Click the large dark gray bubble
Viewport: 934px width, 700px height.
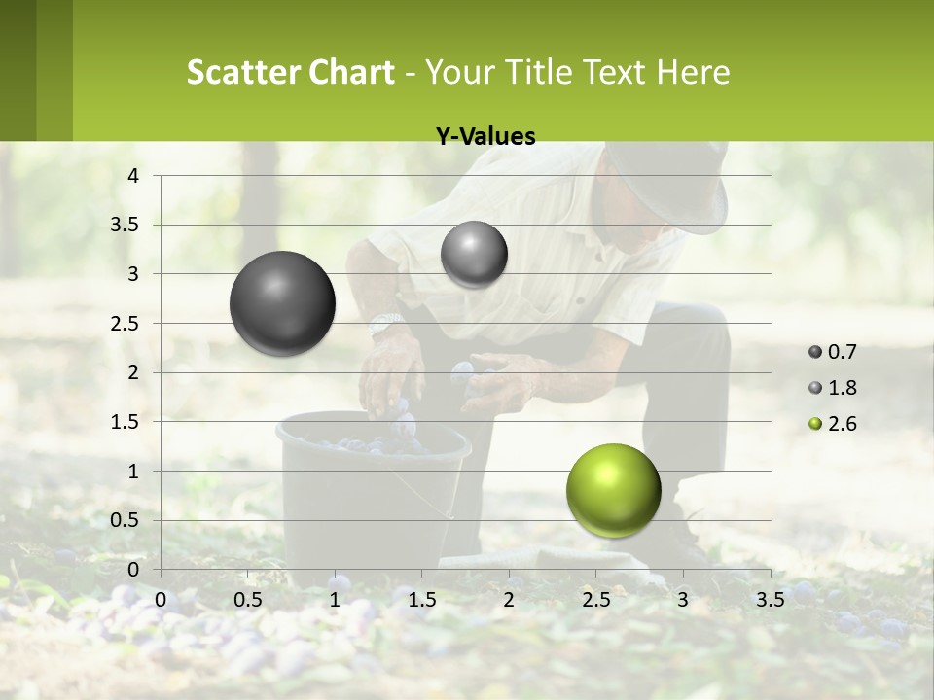(x=282, y=303)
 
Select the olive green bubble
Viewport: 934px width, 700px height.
(x=613, y=490)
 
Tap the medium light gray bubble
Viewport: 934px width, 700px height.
(x=474, y=255)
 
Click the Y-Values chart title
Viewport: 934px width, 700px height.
(x=485, y=137)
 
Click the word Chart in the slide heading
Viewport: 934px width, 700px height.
(x=351, y=72)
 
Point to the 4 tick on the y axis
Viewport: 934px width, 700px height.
(x=134, y=176)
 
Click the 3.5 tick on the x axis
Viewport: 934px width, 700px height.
(x=770, y=600)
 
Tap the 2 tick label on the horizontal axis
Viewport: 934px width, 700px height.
(x=509, y=600)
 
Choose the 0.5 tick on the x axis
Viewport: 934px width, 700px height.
(x=248, y=600)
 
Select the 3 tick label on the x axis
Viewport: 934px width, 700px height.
(x=683, y=600)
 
